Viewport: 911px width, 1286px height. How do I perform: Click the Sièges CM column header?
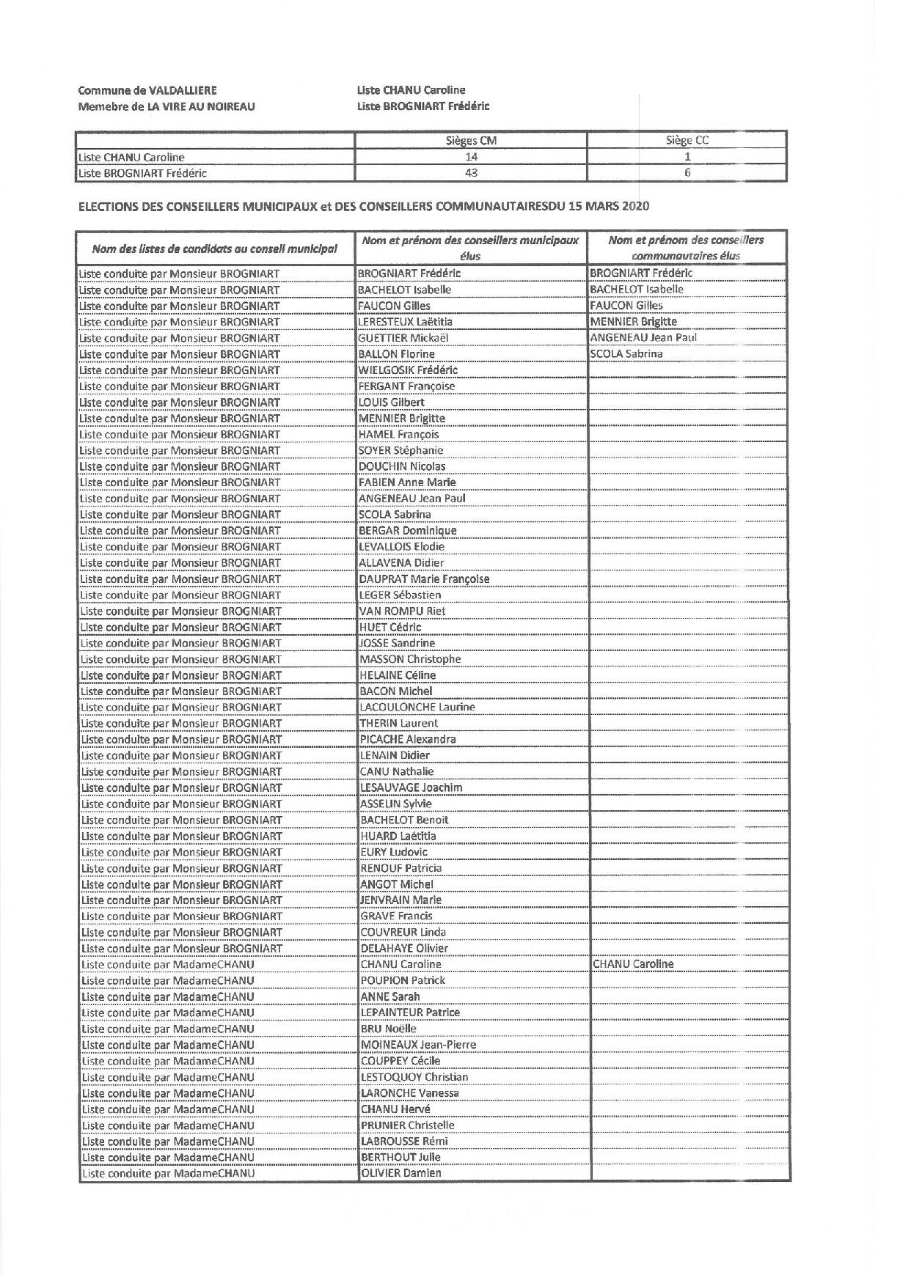point(471,141)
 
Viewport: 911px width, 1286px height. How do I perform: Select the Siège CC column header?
point(687,141)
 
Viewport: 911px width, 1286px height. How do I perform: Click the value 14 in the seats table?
point(471,157)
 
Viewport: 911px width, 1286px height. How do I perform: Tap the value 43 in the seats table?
point(471,173)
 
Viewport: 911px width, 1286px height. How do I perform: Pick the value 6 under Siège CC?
point(687,173)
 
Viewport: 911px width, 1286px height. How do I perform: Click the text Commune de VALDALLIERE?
point(147,90)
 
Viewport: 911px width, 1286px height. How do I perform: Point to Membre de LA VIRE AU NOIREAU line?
point(167,106)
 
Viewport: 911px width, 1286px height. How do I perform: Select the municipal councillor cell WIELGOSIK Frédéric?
point(408,370)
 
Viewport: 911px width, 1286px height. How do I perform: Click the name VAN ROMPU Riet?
point(402,611)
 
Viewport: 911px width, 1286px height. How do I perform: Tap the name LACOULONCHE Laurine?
point(417,708)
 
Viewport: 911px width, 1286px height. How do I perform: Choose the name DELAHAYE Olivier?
point(404,948)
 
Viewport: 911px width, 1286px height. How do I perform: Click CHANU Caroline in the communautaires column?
point(633,964)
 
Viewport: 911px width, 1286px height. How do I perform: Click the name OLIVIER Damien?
point(401,1173)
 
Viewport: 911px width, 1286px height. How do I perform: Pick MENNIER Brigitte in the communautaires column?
point(634,322)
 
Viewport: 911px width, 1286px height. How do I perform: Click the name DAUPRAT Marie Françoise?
point(424,579)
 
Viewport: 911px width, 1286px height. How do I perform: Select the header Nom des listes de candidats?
point(214,249)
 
